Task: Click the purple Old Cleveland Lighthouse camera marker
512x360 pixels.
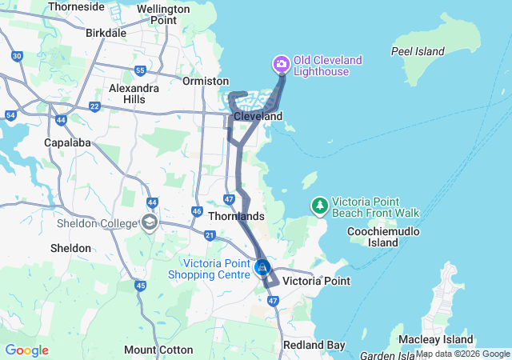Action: pyautogui.click(x=281, y=63)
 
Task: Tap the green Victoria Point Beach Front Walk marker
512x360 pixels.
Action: pyautogui.click(x=320, y=206)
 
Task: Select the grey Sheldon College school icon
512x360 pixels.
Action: pyautogui.click(x=150, y=222)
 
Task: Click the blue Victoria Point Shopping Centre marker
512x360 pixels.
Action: pyautogui.click(x=262, y=268)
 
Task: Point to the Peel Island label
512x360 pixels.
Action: pyautogui.click(x=418, y=51)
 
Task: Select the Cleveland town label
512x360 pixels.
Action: pyautogui.click(x=258, y=117)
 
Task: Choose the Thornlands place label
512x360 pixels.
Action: pyautogui.click(x=235, y=216)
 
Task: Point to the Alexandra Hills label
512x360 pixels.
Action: pyautogui.click(x=134, y=94)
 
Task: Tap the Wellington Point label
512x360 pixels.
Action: pyautogui.click(x=163, y=14)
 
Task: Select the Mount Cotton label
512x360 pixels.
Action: pyautogui.click(x=158, y=350)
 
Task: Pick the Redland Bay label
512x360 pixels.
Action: pyautogui.click(x=314, y=345)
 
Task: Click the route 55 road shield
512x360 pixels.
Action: pyautogui.click(x=140, y=70)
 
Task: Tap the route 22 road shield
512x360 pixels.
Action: pyautogui.click(x=94, y=106)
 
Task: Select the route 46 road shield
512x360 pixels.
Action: pyautogui.click(x=196, y=211)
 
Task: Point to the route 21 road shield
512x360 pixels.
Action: pyautogui.click(x=210, y=235)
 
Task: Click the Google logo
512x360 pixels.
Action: pyautogui.click(x=26, y=350)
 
